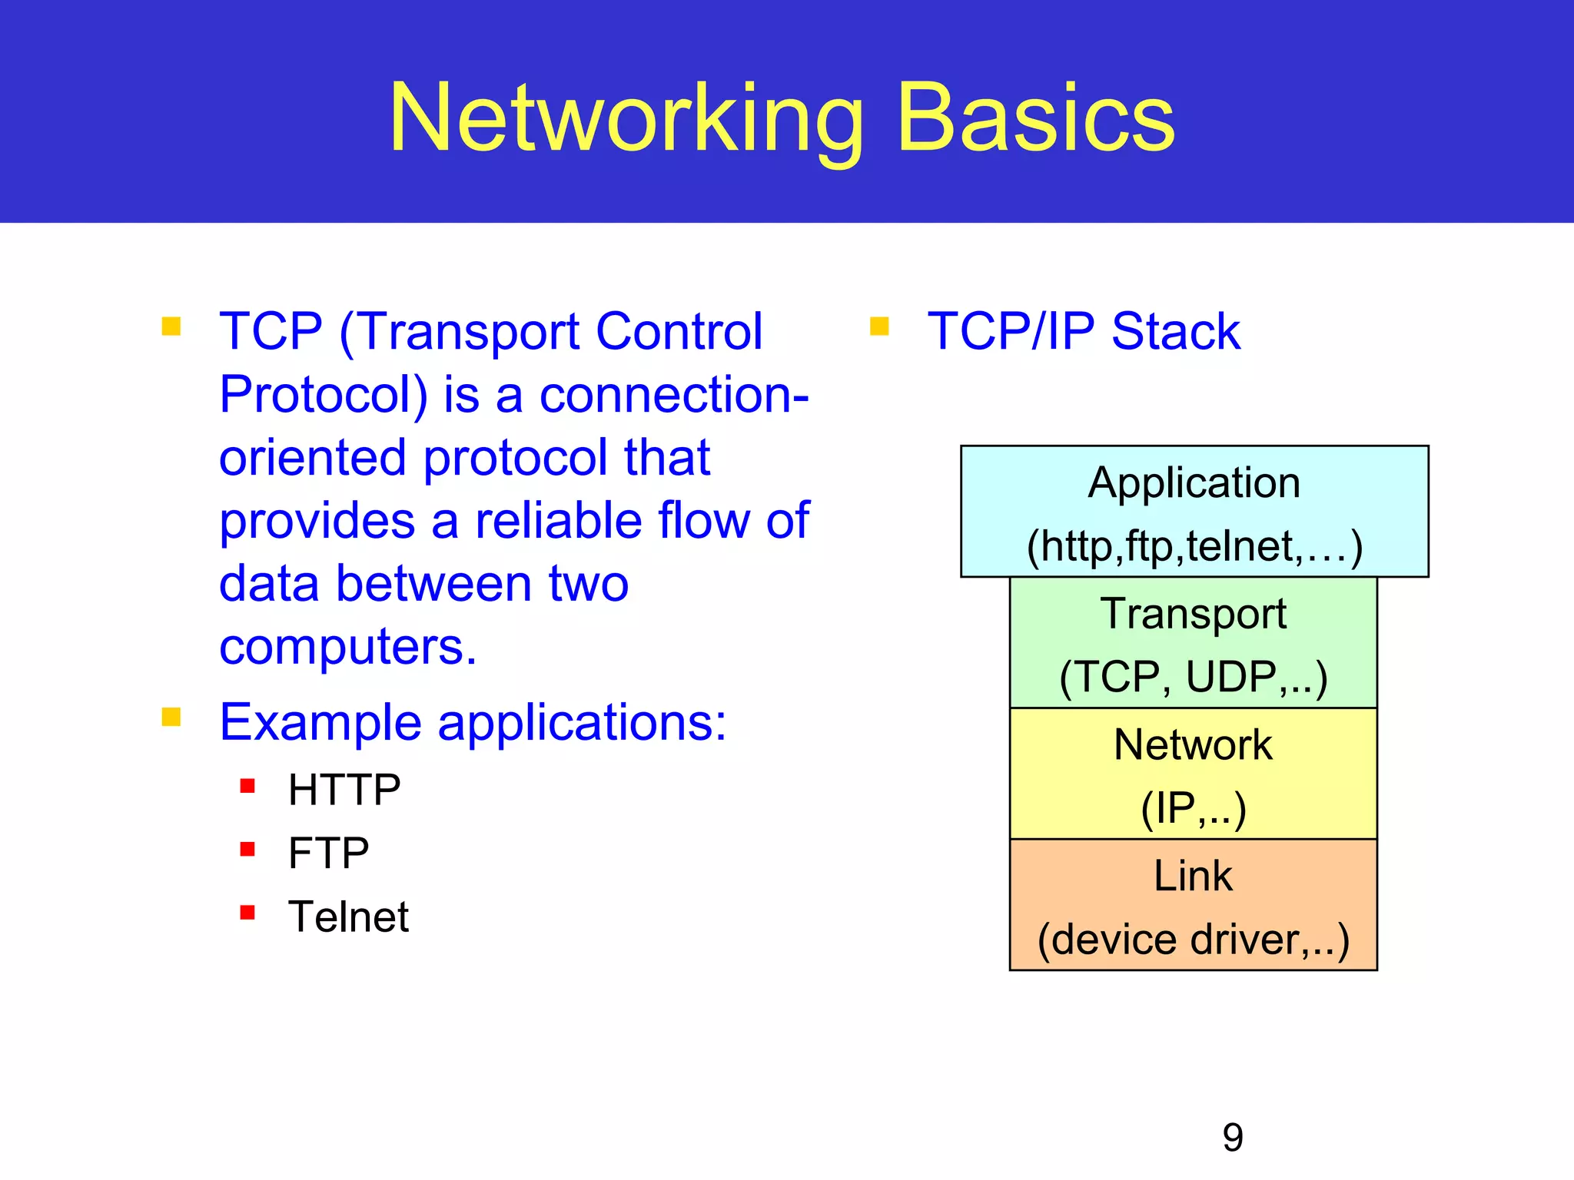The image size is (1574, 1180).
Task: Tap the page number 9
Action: tap(1232, 1137)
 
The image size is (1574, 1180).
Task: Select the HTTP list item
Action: tap(344, 790)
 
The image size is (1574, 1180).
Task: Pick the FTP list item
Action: tap(328, 853)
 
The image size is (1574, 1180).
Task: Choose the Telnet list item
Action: tap(348, 916)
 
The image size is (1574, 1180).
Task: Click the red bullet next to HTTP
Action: tap(247, 786)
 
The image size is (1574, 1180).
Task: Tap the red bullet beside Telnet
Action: tap(247, 913)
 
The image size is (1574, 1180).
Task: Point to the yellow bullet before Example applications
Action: tap(171, 718)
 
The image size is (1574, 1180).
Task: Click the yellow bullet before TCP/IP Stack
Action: tap(879, 327)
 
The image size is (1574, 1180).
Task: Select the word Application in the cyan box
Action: tap(1194, 483)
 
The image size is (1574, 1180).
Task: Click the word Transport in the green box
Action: tap(1193, 614)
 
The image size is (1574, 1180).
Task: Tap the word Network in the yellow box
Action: tap(1193, 744)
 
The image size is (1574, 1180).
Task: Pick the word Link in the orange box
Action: tap(1193, 876)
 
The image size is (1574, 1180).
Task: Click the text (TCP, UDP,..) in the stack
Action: tap(1193, 678)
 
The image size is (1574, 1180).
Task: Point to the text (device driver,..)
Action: tap(1193, 940)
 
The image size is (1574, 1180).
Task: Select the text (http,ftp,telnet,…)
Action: tap(1194, 546)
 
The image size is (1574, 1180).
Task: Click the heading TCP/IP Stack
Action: tap(1084, 331)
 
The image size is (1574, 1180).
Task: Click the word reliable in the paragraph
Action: tap(559, 521)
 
